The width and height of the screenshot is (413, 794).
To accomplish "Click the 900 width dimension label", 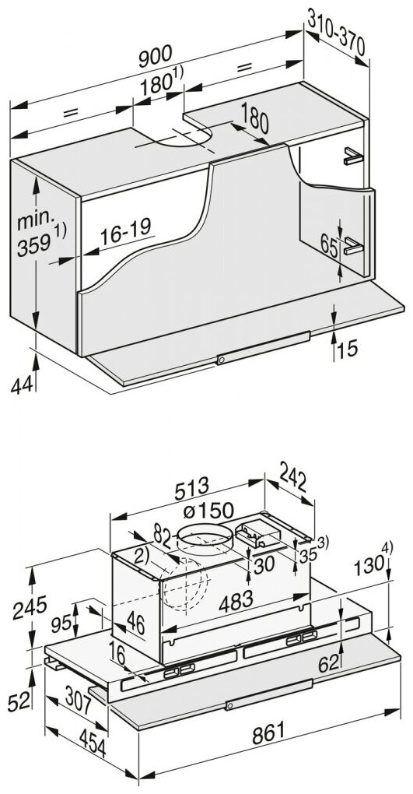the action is pyautogui.click(x=156, y=56).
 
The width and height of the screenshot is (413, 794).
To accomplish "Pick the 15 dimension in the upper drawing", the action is pyautogui.click(x=348, y=349).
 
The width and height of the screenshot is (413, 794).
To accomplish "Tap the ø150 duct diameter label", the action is pyautogui.click(x=208, y=511).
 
